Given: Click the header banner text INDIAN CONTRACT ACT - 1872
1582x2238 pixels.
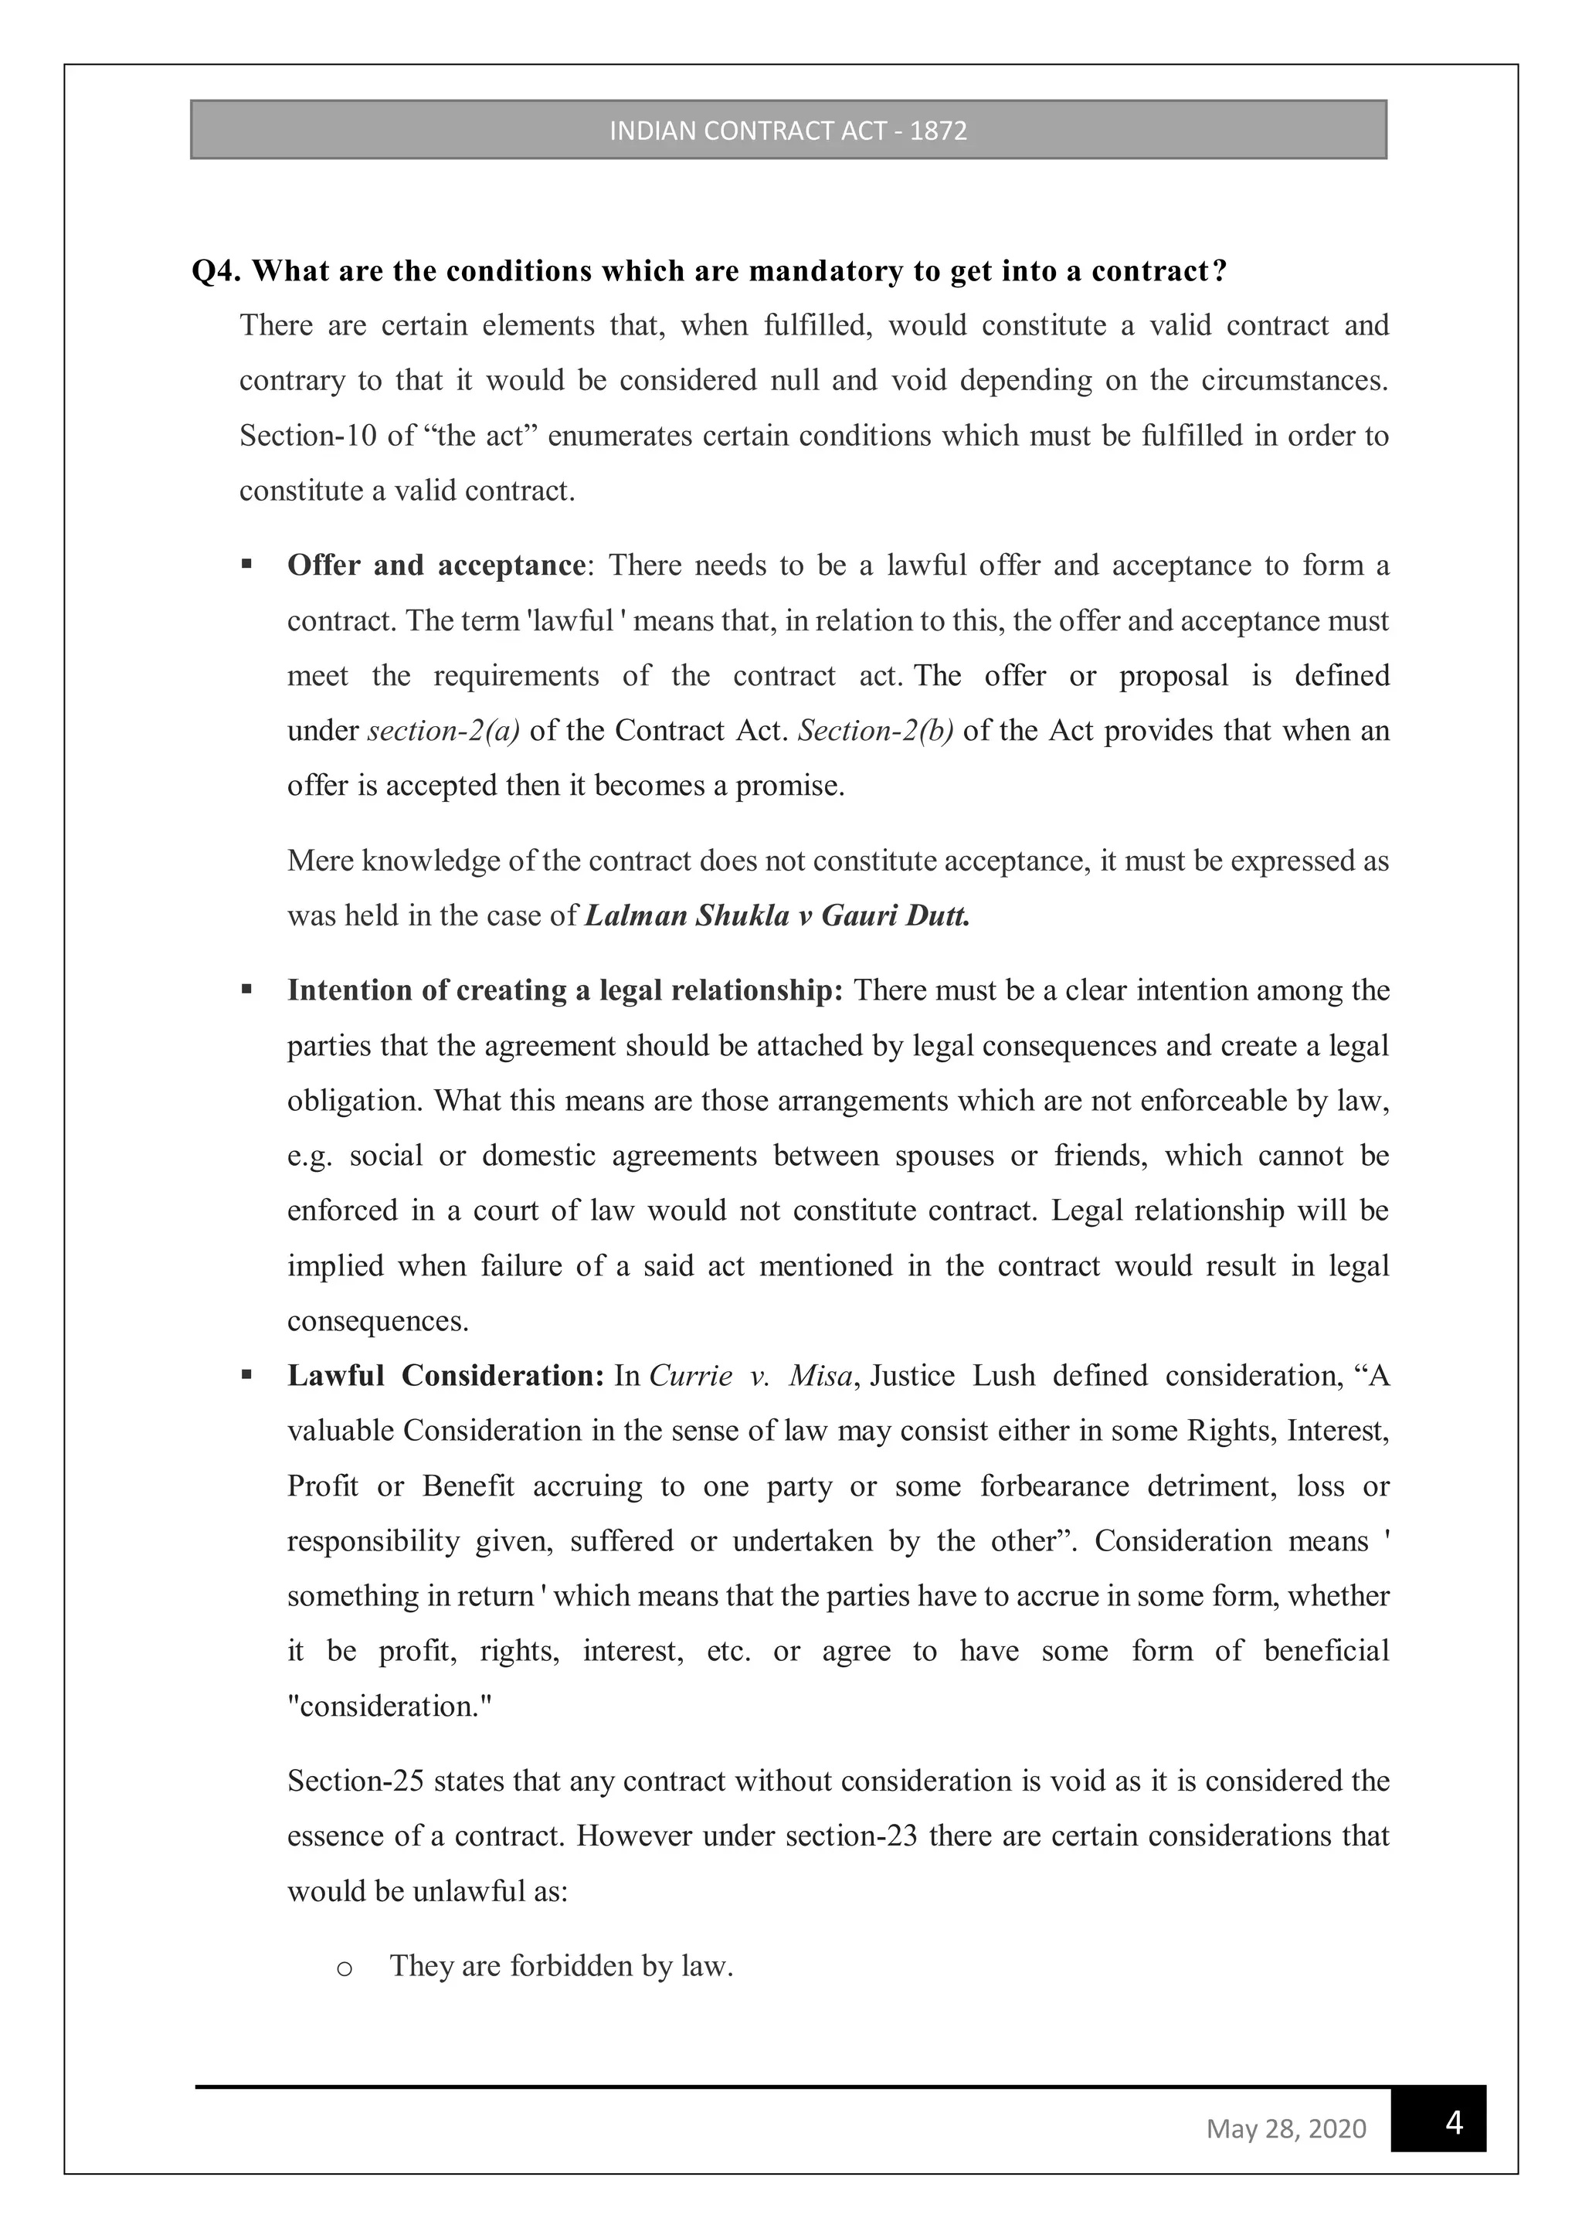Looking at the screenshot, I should [788, 131].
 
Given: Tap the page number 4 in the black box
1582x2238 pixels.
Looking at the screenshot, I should [1453, 2122].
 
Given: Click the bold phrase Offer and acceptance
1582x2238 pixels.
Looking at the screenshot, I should [436, 565].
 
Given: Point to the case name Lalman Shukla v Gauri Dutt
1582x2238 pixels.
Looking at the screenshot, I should [777, 916].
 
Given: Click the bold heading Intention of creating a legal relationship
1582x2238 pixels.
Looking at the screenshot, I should [565, 990].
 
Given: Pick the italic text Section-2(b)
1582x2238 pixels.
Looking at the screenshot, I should [875, 731].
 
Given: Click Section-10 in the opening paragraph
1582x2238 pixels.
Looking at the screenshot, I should [307, 436].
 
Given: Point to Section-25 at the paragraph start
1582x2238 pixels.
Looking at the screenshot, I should [354, 1781].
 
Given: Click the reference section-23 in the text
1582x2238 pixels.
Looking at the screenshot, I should [851, 1836].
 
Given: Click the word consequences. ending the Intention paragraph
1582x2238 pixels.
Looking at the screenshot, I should [377, 1321].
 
